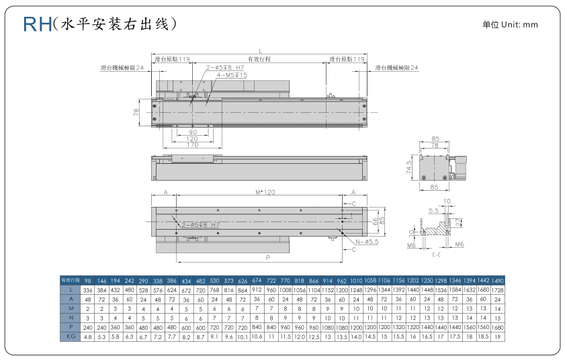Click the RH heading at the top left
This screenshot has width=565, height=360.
pyautogui.click(x=38, y=25)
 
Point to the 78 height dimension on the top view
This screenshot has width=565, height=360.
pyautogui.click(x=136, y=111)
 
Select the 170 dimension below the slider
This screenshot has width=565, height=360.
pyautogui.click(x=192, y=144)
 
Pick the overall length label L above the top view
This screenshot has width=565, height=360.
pyautogui.click(x=259, y=50)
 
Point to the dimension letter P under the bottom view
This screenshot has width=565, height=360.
pyautogui.click(x=267, y=257)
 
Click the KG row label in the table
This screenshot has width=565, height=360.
pyautogui.click(x=70, y=337)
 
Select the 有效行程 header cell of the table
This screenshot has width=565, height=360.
pyautogui.click(x=70, y=279)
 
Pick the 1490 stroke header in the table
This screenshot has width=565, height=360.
pyautogui.click(x=497, y=279)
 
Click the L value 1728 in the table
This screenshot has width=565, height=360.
pyautogui.click(x=497, y=289)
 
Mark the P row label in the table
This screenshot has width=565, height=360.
pyautogui.click(x=70, y=328)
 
